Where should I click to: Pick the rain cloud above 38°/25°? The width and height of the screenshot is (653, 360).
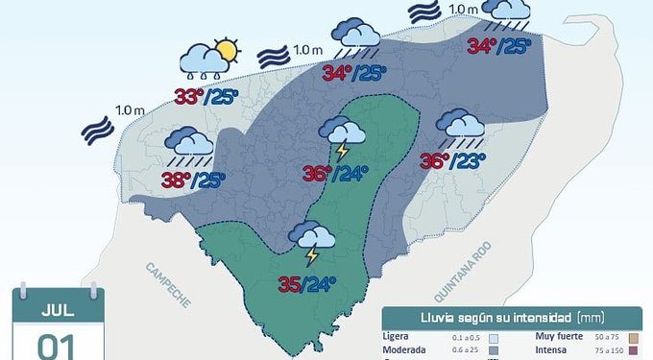(x=190, y=145)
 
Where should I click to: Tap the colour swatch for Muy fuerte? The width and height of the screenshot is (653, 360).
(x=633, y=338)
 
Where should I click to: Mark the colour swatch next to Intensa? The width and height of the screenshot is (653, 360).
(x=633, y=351)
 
